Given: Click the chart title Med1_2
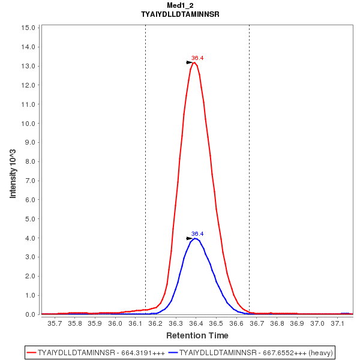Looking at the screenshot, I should click(x=179, y=5).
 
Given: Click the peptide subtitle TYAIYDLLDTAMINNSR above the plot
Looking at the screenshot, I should click(x=179, y=14).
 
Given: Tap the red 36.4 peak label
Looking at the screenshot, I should click(x=197, y=58).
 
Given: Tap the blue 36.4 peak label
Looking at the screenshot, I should click(x=197, y=233).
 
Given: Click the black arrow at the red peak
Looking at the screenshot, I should click(x=190, y=62).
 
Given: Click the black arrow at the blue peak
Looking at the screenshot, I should click(x=190, y=238).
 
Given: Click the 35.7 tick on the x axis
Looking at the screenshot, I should click(x=55, y=323).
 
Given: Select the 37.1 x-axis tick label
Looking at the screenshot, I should click(x=338, y=323).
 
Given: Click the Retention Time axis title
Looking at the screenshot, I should click(x=197, y=335).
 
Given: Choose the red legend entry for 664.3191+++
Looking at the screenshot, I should click(x=96, y=352).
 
